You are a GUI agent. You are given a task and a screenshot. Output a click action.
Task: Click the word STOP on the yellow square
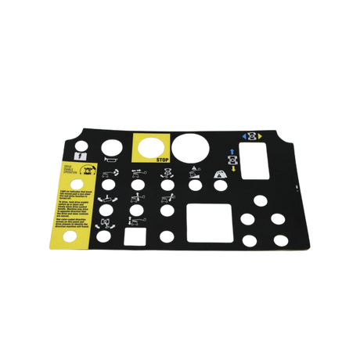click(164, 159)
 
